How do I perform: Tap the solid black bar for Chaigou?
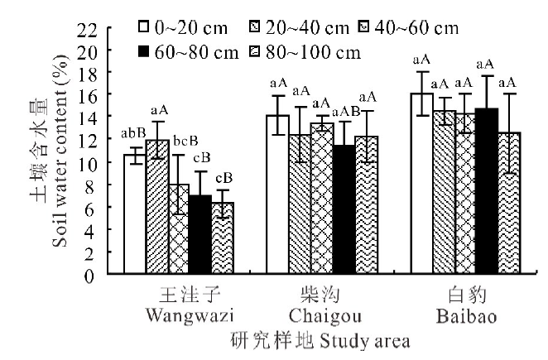point(343,211)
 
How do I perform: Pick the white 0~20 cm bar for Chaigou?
point(277,196)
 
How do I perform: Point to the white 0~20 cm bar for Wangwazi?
point(134,215)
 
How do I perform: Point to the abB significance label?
point(133,132)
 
